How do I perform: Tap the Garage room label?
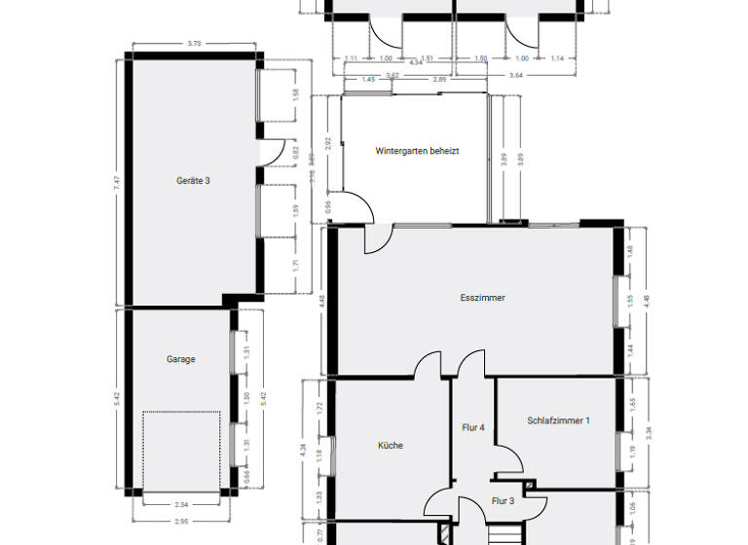[x=180, y=359]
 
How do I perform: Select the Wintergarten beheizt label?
[x=417, y=152]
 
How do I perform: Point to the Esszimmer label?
[x=482, y=298]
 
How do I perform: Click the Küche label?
[x=391, y=446]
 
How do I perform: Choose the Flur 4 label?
[x=472, y=427]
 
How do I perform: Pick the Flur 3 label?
[x=503, y=500]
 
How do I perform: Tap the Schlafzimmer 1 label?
[x=558, y=421]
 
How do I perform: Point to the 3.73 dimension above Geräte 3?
[x=193, y=43]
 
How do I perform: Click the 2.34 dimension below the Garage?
[x=181, y=504]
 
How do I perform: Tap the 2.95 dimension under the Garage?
[x=181, y=522]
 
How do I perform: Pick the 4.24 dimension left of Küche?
[x=305, y=450]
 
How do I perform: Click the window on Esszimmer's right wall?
[x=617, y=302]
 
